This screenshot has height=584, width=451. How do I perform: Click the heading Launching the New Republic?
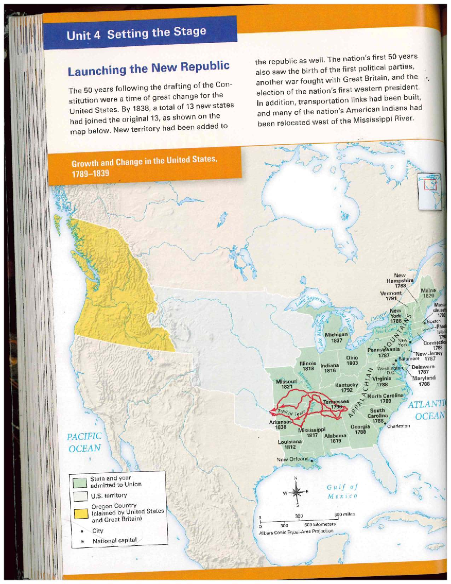tap(148, 68)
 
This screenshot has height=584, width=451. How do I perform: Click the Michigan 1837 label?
tap(336, 337)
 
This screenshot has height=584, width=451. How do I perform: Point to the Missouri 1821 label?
tap(286, 384)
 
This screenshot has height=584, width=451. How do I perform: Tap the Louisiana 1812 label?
tap(289, 444)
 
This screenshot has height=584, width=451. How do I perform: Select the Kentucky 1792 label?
tap(347, 387)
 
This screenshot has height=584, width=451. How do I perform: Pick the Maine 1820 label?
tap(428, 293)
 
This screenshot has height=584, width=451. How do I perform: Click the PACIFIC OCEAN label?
tap(84, 442)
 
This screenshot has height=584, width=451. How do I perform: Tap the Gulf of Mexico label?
tap(342, 491)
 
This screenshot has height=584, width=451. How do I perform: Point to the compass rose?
tap(296, 492)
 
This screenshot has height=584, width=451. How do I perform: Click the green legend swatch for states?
tap(80, 482)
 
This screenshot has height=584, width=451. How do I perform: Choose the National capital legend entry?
tap(114, 540)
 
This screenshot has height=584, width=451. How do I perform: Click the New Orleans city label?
tap(292, 459)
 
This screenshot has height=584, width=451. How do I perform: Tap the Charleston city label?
tap(398, 426)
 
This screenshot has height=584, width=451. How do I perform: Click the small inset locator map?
tap(430, 191)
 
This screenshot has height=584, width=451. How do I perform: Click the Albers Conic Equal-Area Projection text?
tap(296, 531)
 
